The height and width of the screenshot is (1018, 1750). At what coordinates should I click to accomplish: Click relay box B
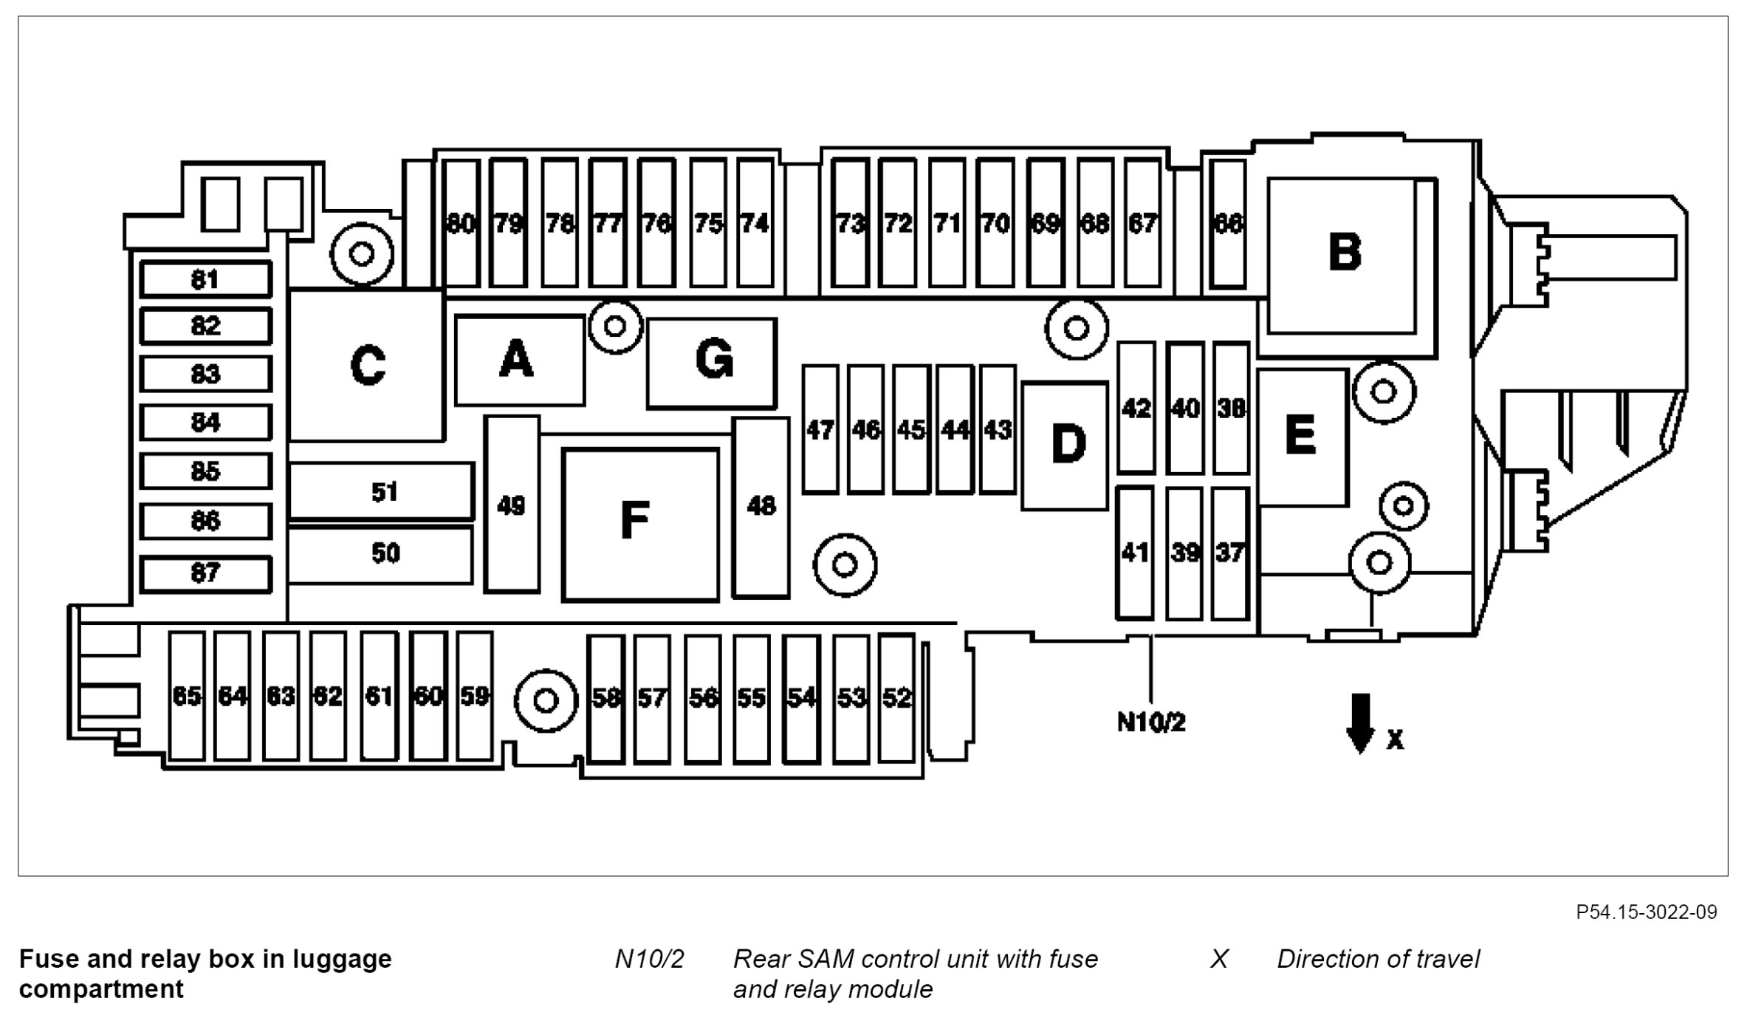[1344, 255]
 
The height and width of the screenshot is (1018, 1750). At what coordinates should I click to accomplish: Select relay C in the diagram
[367, 366]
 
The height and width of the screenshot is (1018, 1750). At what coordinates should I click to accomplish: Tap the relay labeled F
[639, 524]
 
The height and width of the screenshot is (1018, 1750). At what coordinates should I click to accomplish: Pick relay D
[1066, 445]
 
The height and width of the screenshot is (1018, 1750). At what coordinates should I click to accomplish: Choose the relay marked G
[713, 363]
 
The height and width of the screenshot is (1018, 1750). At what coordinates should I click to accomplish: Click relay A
[519, 361]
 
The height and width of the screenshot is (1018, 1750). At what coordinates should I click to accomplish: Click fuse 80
[461, 223]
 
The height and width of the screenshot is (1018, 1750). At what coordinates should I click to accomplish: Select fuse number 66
[1229, 223]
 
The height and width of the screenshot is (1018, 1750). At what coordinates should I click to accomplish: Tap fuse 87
[205, 573]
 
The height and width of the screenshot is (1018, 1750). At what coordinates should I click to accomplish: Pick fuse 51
[381, 491]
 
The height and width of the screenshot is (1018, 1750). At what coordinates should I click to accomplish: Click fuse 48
[761, 507]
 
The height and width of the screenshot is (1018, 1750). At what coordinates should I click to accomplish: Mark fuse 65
[187, 696]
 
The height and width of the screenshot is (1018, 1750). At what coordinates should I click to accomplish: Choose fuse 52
[897, 697]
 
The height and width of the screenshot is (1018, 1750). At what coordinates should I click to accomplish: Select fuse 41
[1135, 553]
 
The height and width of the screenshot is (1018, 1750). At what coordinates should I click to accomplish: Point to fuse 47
[820, 429]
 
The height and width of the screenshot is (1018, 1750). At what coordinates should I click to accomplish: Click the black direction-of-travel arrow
[1360, 723]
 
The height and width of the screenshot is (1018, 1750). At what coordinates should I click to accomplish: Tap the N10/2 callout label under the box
[1151, 722]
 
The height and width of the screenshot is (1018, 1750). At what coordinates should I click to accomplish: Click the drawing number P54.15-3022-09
[1646, 912]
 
